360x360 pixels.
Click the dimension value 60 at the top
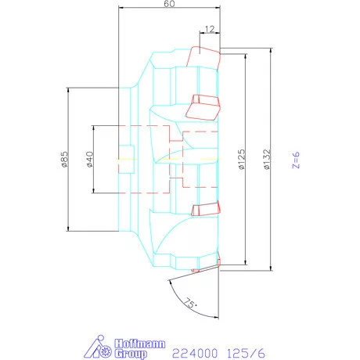168,5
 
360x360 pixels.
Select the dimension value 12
209,29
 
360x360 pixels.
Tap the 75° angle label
189,301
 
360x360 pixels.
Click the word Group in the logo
132,353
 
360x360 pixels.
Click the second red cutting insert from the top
206,102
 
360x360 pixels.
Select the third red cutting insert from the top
204,208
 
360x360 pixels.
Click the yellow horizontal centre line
164,159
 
